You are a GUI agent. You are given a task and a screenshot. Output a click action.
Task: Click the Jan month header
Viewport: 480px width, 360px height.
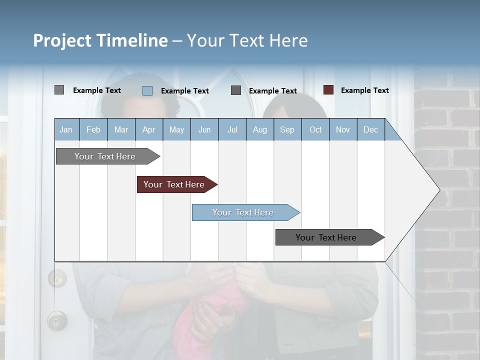click(66, 129)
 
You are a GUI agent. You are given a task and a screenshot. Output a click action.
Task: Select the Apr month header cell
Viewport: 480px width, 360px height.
click(148, 129)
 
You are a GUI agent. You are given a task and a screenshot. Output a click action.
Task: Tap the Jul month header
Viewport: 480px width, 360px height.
click(232, 129)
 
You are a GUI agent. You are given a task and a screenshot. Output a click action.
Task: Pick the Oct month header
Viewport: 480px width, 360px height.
click(315, 129)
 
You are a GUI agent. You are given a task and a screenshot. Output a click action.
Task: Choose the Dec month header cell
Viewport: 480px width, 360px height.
click(370, 129)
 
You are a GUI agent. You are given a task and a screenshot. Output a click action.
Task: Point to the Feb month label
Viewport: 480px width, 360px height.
click(93, 129)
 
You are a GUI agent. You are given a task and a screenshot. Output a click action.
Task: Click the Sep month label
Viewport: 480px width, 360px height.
click(287, 129)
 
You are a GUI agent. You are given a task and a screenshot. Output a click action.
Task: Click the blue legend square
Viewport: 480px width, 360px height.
click(147, 90)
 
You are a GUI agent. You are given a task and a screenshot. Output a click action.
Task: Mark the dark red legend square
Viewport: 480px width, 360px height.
click(328, 90)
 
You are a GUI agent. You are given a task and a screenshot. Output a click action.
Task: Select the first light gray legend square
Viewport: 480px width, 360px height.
click(59, 90)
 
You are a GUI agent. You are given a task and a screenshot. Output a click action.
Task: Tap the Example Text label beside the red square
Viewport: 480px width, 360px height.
click(364, 90)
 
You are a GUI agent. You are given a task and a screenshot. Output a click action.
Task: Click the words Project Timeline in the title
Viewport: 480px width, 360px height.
click(100, 40)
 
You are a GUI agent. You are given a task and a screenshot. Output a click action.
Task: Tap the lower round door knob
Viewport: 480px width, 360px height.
click(56, 320)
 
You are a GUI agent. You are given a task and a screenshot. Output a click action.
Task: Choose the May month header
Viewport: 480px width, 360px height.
click(176, 129)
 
